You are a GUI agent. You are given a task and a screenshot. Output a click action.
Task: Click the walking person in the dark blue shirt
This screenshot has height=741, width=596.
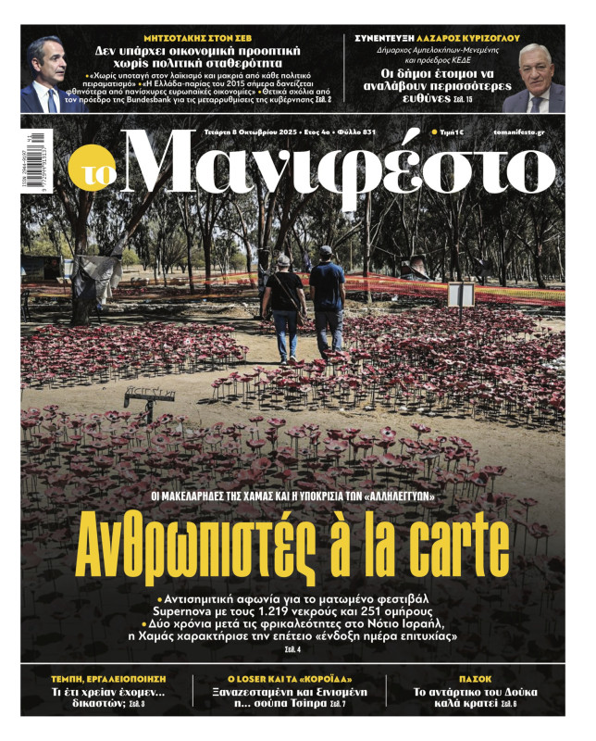tap(326, 301)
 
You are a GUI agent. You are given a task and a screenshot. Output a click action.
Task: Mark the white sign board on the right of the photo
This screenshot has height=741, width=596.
tap(460, 295)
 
